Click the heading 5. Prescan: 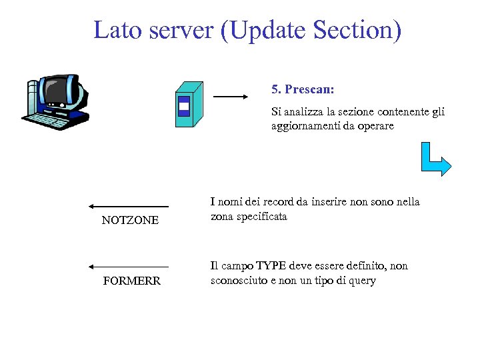tap(303, 89)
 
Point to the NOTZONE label tap(130, 221)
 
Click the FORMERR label tap(132, 281)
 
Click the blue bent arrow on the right tap(435, 159)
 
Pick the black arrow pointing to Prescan tap(230, 97)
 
